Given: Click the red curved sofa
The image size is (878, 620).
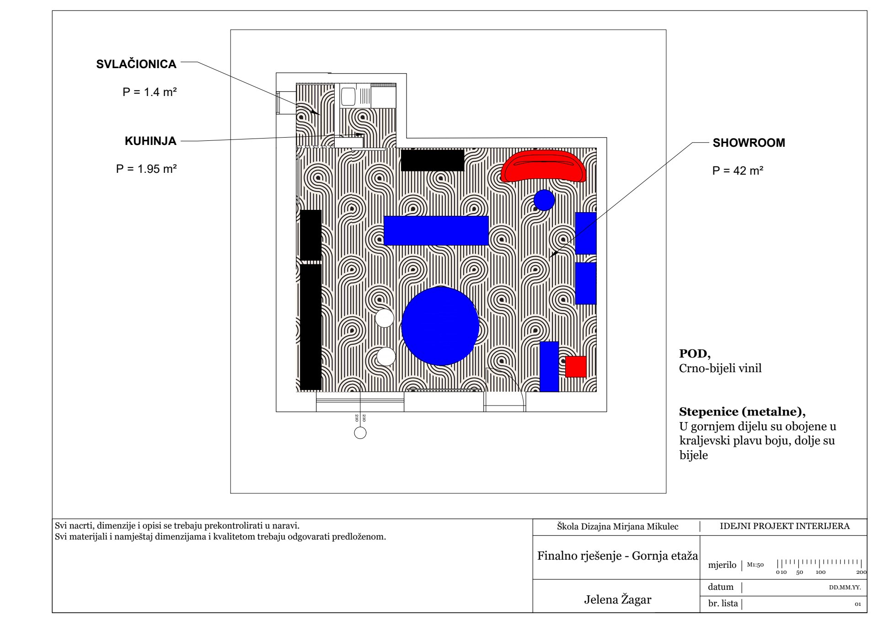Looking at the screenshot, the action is (543, 167).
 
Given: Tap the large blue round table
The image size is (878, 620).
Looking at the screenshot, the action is (440, 326).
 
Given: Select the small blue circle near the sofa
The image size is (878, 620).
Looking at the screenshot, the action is (544, 200).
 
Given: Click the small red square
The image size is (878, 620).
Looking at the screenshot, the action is (576, 367).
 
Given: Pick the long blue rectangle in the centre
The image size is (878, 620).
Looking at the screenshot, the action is (436, 230).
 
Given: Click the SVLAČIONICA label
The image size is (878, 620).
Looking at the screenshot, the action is (136, 64).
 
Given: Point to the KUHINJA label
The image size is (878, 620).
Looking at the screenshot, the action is (150, 141).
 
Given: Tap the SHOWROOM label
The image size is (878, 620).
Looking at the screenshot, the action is (749, 143).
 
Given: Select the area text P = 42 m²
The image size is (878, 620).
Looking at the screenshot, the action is (738, 171).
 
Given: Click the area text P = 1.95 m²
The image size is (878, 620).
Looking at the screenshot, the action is (146, 169).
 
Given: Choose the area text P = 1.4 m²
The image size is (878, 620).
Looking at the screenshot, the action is (150, 92).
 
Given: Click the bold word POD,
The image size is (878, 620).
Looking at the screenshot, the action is (695, 353).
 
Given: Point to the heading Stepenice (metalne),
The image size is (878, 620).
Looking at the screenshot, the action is (742, 412).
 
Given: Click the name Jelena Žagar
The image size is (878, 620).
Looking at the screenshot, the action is (617, 599).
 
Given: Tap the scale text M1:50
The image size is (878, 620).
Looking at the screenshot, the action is (755, 565).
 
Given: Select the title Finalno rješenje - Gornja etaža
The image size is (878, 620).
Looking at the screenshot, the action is (617, 556).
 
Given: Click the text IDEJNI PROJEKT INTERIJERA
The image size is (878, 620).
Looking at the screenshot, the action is (784, 526).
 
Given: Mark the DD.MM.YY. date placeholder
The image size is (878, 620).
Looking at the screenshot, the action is (845, 588).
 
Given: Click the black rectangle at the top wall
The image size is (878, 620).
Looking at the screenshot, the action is (433, 160).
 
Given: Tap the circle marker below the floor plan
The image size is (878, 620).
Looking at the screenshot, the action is (360, 433).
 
